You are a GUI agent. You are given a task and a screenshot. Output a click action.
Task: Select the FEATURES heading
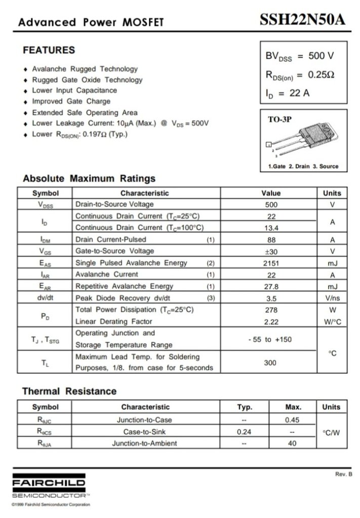point(49,51)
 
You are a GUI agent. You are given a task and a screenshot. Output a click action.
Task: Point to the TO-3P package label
point(279,119)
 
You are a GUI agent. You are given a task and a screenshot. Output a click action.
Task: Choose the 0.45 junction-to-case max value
point(293,420)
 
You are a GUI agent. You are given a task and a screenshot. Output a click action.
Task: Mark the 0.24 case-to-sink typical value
point(245,432)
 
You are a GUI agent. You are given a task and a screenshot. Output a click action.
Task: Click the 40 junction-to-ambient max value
point(293,444)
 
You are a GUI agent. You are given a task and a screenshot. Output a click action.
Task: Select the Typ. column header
point(245,407)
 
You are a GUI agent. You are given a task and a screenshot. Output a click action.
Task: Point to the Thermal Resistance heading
point(69,392)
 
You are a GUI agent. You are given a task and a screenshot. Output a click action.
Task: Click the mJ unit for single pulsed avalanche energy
point(332,263)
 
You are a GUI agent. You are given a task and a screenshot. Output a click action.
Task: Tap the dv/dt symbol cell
point(45,298)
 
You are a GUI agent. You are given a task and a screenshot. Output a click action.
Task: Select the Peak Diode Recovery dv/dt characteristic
point(123,298)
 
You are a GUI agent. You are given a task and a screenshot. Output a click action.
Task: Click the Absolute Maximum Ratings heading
point(89,179)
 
